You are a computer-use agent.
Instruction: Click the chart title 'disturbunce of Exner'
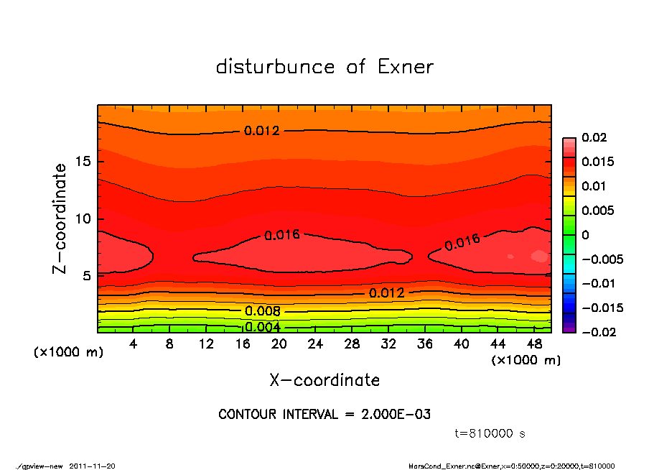tap(324, 67)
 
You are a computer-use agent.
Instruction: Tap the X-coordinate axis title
tap(324, 379)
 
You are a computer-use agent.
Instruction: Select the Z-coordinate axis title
tap(60, 218)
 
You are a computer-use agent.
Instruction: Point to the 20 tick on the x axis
tap(279, 344)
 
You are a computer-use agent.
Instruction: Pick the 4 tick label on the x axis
tap(134, 344)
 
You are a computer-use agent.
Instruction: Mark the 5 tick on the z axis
tap(85, 275)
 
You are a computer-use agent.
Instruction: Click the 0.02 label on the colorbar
tap(594, 137)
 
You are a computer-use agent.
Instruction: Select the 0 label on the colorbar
tap(585, 235)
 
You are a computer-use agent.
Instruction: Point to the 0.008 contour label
tap(263, 311)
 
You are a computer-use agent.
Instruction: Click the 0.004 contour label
tap(263, 327)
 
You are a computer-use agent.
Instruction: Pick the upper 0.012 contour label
tap(262, 131)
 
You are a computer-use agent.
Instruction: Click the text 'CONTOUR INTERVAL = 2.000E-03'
tap(324, 415)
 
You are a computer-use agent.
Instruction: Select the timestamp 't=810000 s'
tap(490, 433)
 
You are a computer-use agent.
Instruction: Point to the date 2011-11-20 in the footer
tap(93, 466)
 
